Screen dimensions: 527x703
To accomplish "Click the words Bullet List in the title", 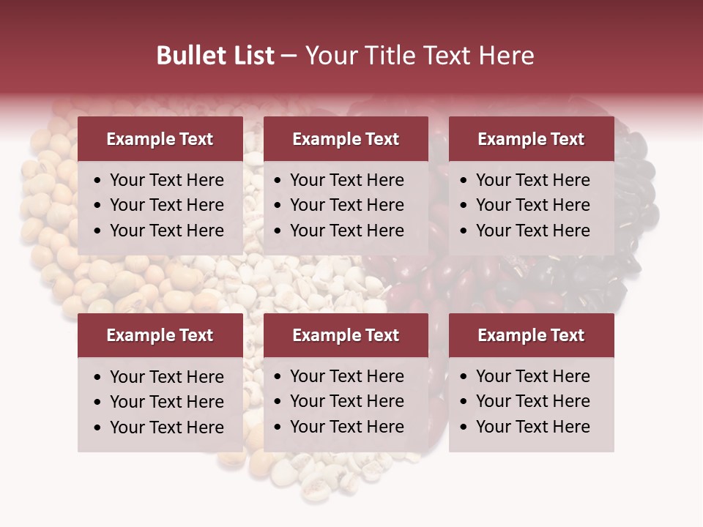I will [x=215, y=56].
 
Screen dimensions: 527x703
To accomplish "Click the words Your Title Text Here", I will [x=419, y=56].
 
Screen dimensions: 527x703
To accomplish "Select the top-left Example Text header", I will [x=160, y=139].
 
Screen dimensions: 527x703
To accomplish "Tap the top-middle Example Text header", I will [x=346, y=139].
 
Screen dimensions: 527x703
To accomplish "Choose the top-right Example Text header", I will [x=531, y=139].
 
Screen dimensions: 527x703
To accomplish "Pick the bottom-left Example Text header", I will [x=160, y=335].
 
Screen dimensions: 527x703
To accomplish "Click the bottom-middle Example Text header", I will [x=346, y=335].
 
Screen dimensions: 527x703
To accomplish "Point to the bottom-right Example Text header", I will [x=531, y=335].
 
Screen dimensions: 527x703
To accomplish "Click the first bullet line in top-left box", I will [x=166, y=180].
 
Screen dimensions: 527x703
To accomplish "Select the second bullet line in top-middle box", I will [x=346, y=205].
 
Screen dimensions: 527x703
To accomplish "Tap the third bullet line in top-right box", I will [x=532, y=231].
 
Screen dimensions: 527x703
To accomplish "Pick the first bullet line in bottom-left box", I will [x=166, y=377].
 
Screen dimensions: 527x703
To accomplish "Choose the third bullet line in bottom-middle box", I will [x=346, y=427].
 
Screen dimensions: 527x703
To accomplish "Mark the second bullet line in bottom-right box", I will [x=532, y=401].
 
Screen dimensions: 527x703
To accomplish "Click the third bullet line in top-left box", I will [x=166, y=231].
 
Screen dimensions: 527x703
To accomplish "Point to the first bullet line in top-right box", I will [x=532, y=180].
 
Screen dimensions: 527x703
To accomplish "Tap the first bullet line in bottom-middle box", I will [x=346, y=376].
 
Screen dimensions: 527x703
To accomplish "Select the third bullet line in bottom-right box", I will [x=532, y=427].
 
